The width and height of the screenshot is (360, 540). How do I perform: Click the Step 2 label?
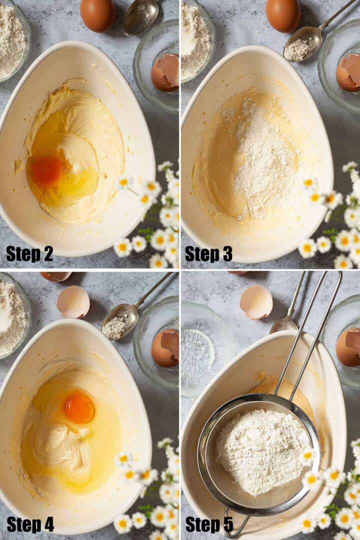point(29,254)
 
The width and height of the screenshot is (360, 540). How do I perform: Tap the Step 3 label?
point(209,254)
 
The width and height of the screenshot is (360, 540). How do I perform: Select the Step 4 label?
point(30,524)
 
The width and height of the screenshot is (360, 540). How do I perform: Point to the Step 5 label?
point(209,524)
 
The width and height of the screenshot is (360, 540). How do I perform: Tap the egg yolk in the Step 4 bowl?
point(79,409)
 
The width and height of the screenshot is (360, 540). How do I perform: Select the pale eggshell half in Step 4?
point(73,301)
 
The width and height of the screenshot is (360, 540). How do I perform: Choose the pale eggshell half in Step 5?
point(256,302)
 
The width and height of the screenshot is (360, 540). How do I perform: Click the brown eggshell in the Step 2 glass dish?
point(165,72)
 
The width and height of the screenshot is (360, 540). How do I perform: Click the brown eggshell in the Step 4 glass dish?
point(165,348)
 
